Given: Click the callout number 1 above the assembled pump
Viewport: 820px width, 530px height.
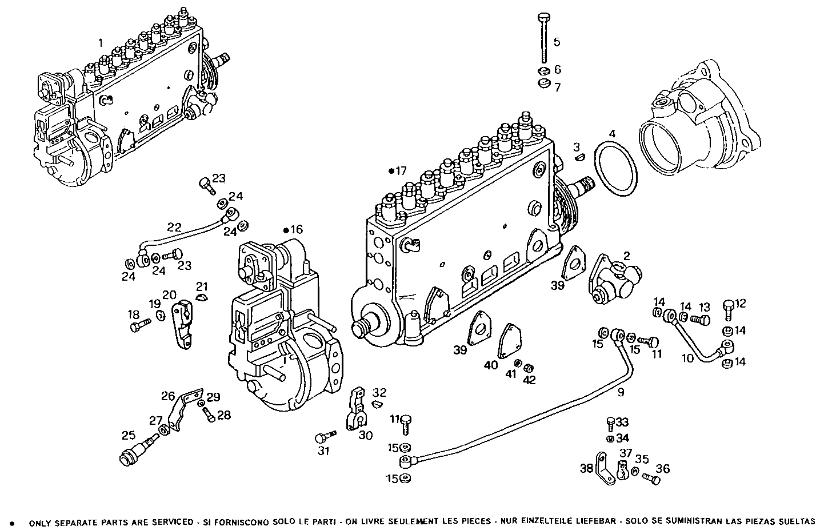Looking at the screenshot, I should (101, 42).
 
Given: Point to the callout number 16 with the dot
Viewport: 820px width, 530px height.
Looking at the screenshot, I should (295, 230).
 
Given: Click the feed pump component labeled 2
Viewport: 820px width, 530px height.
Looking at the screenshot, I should (613, 280).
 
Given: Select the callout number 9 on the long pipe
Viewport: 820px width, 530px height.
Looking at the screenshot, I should (621, 392).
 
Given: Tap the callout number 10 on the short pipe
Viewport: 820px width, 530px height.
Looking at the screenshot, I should (687, 358).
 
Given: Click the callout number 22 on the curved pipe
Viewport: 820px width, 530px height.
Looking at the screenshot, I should (174, 226).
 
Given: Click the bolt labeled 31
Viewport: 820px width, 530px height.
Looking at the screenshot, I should (323, 438).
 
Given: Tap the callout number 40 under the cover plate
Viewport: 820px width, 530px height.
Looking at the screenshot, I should (491, 365).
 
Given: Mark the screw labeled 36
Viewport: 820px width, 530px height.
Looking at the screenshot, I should (651, 478).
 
